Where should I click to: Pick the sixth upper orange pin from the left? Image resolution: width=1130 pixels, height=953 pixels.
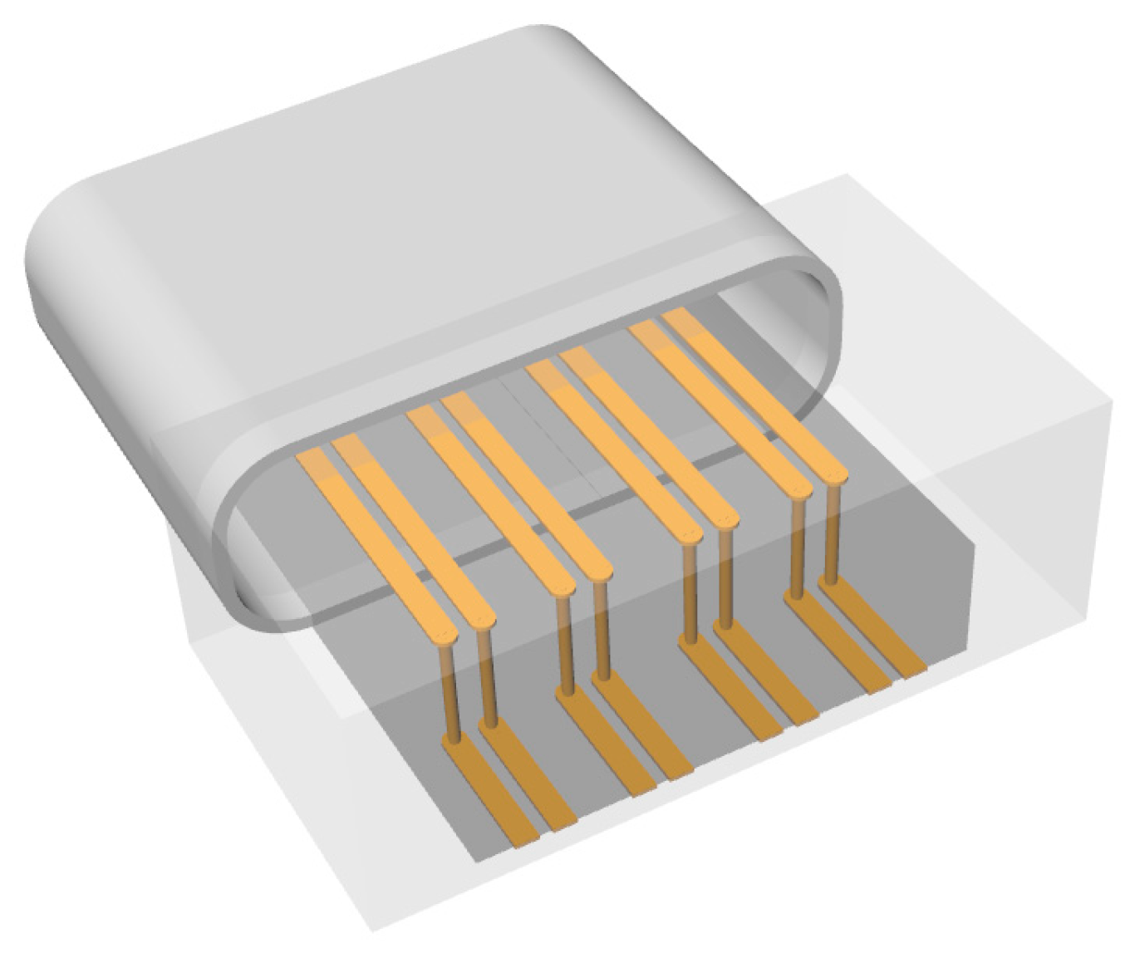(x=648, y=436)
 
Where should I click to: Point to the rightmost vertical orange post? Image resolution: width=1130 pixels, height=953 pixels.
(x=831, y=540)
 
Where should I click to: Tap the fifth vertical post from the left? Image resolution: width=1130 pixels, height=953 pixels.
(x=689, y=590)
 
